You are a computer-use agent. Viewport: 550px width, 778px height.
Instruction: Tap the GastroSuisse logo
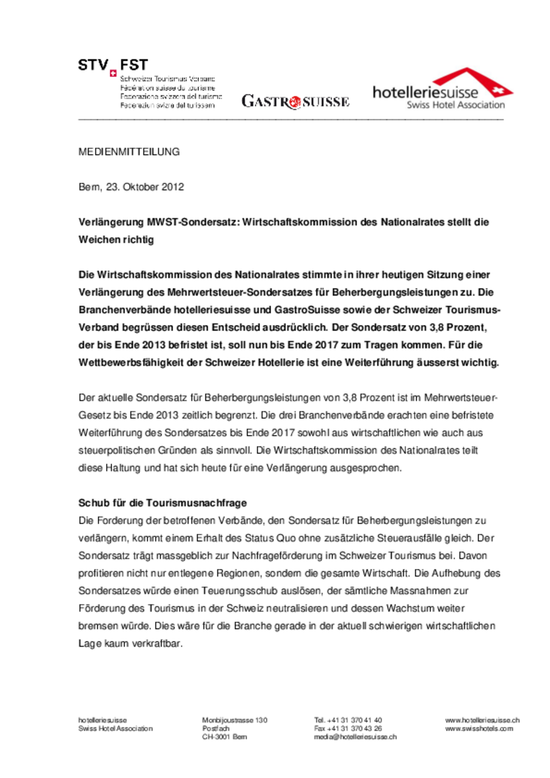click(x=295, y=102)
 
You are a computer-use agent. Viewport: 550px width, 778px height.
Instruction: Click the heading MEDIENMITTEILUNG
click(x=129, y=151)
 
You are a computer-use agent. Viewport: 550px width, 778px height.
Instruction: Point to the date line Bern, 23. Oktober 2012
click(x=131, y=187)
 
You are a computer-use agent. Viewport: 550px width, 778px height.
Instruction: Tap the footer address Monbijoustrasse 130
click(x=235, y=720)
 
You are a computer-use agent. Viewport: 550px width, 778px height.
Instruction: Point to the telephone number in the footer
click(x=348, y=720)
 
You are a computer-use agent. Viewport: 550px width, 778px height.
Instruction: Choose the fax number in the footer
click(x=348, y=728)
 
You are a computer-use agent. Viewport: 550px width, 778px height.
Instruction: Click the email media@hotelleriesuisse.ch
click(x=355, y=736)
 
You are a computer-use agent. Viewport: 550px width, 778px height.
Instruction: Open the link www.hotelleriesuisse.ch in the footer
click(x=482, y=720)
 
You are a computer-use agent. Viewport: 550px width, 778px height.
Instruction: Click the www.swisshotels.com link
click(x=479, y=728)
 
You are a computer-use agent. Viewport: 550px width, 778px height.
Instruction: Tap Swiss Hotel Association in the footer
click(x=115, y=728)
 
